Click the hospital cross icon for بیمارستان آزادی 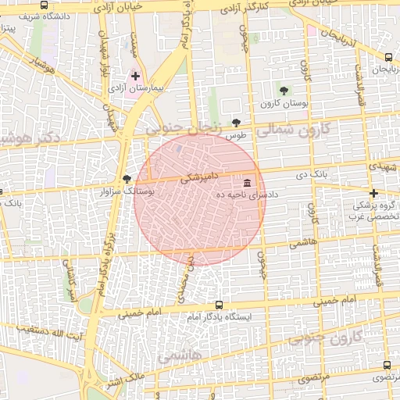tap(137, 77)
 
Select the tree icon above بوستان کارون tap(284, 91)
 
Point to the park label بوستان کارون tap(284, 104)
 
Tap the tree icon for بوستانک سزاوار tap(127, 179)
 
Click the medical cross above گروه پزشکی tap(373, 193)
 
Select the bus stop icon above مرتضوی tap(387, 365)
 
